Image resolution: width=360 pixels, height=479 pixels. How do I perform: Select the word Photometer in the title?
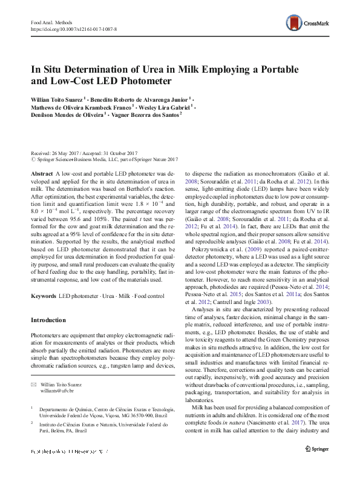143,80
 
